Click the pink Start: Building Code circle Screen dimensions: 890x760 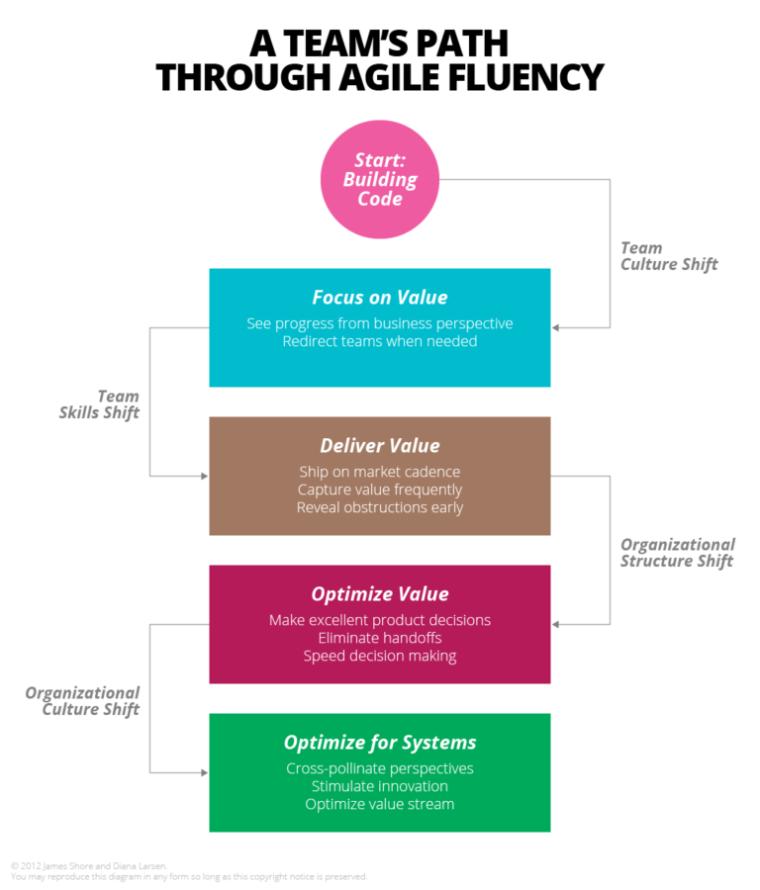click(x=380, y=179)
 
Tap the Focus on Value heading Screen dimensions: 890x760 click(x=380, y=298)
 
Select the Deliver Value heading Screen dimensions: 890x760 click(x=380, y=446)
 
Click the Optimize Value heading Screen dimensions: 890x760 click(x=380, y=594)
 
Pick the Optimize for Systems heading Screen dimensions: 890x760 click(x=380, y=743)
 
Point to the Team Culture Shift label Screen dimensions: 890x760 click(x=669, y=256)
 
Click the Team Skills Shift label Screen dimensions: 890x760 click(x=99, y=404)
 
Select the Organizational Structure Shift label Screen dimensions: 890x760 click(x=677, y=553)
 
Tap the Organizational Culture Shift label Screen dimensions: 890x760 click(x=82, y=701)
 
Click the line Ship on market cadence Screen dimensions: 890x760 click(x=380, y=472)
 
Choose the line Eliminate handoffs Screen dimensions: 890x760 click(x=380, y=638)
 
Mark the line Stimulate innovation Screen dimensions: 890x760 click(x=380, y=786)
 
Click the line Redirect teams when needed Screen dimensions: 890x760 click(x=380, y=341)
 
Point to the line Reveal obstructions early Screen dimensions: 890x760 click(x=380, y=507)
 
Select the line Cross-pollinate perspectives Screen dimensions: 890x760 click(x=380, y=768)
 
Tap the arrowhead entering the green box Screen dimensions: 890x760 click(x=204, y=772)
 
